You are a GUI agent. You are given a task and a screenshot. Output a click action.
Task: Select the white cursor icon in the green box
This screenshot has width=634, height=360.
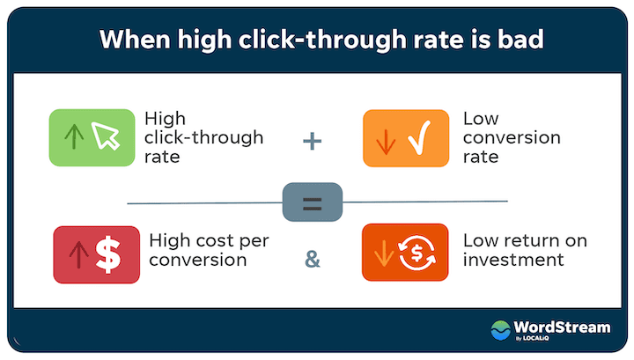tap(104, 136)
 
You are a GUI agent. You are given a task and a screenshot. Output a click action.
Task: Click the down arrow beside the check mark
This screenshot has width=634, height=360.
tap(385, 139)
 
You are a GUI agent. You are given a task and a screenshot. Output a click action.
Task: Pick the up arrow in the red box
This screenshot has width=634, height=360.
tap(77, 254)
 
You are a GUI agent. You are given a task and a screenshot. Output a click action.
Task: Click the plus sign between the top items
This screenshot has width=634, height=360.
tap(312, 139)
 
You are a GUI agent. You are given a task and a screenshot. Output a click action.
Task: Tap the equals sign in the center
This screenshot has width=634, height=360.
tap(312, 203)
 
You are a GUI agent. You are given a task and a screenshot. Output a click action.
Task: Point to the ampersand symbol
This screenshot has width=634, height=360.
tap(312, 259)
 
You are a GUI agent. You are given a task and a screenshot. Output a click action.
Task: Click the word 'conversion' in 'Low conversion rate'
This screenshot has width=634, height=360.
tap(511, 138)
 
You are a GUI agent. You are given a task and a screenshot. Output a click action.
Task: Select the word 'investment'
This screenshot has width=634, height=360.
tap(512, 260)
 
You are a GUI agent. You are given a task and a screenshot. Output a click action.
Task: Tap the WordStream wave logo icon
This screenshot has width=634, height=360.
tap(501, 330)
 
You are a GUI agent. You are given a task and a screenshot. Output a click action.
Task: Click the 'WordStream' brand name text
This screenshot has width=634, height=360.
tap(562, 327)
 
